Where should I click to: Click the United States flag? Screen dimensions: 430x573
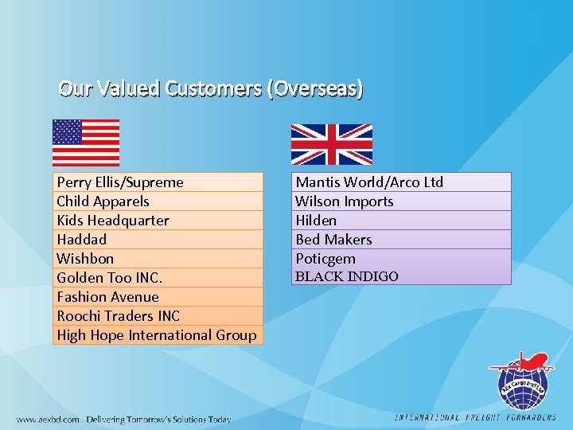click(86, 143)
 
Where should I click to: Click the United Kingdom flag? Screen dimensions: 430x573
click(331, 144)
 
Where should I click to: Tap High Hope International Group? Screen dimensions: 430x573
click(157, 335)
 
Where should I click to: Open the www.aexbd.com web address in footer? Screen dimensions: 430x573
click(48, 419)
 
